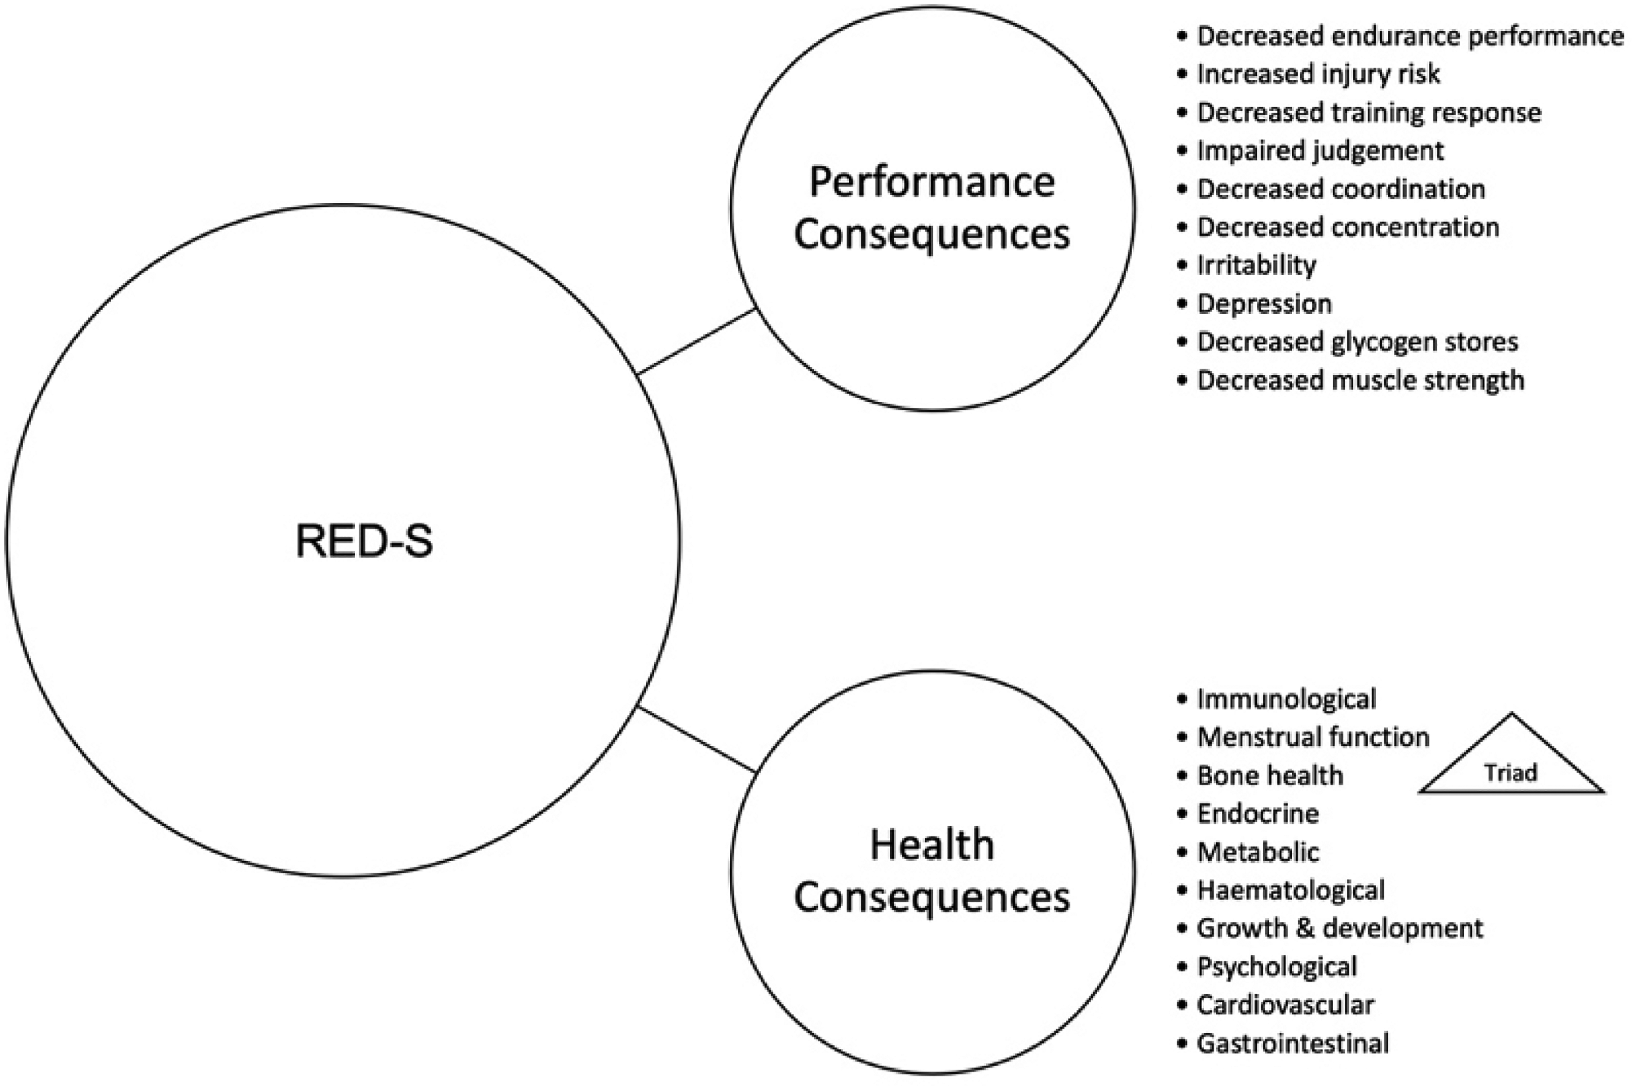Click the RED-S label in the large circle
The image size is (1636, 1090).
[364, 541]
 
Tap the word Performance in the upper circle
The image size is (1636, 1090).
[932, 182]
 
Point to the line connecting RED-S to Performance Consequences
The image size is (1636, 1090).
[696, 341]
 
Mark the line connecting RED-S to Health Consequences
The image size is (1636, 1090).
[696, 740]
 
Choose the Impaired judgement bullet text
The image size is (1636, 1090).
[1320, 150]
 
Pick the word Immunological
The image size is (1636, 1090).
[1286, 699]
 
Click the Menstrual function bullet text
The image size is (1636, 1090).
[1313, 737]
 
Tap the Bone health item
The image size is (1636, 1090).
[1270, 775]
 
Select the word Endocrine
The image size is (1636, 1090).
[1257, 813]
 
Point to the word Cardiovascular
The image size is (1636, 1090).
[1285, 1005]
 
